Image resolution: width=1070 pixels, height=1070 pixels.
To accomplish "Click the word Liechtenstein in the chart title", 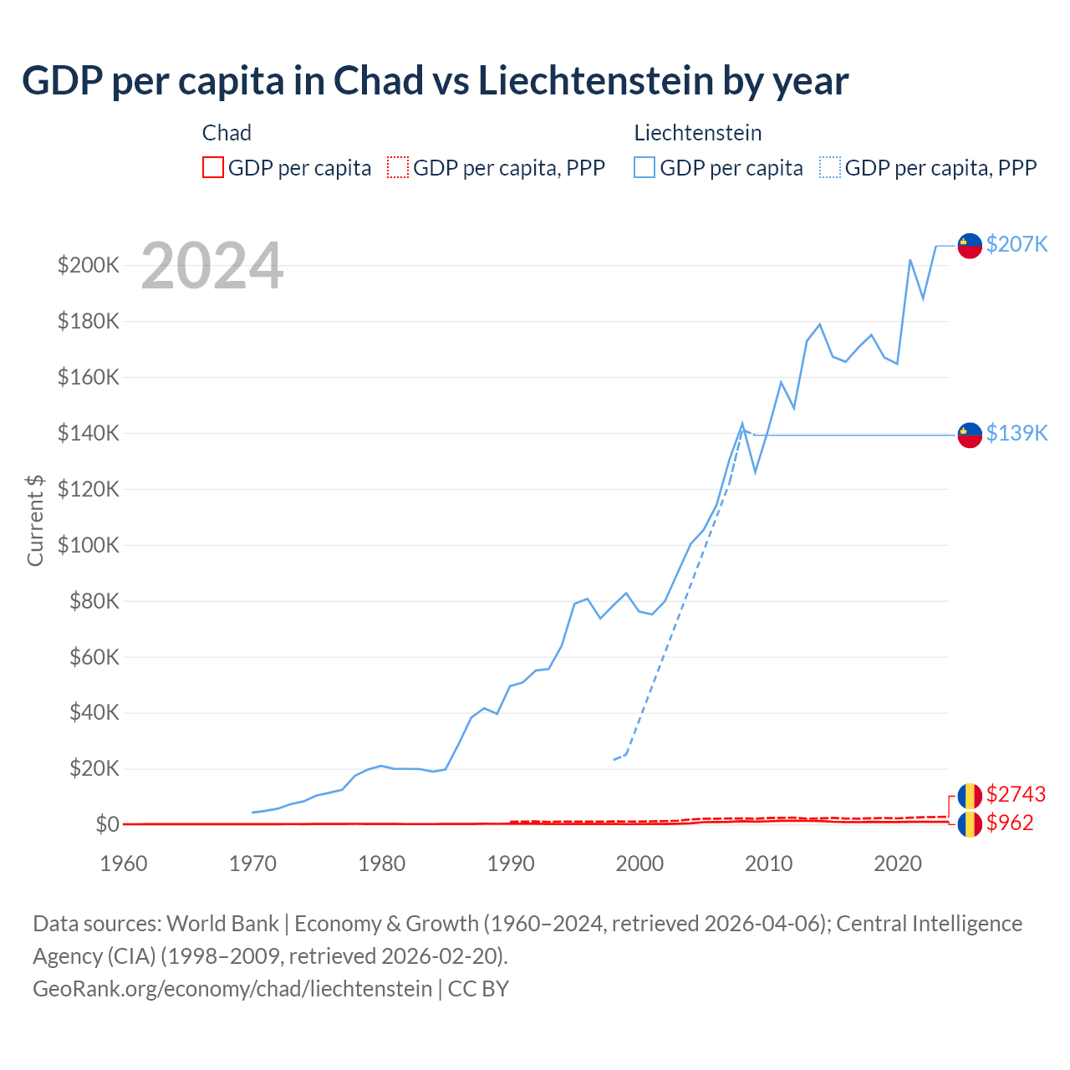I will [x=595, y=80].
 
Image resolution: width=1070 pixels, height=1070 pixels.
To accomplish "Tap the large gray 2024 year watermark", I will [x=212, y=267].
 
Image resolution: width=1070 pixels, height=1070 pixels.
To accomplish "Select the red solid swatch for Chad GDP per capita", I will [x=213, y=167].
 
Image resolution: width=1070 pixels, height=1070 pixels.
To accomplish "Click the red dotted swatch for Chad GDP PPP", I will [x=398, y=167].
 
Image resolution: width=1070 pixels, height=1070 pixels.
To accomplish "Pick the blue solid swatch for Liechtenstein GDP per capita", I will [x=645, y=167].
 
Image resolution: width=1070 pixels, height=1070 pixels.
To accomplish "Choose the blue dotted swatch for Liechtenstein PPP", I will [x=830, y=167].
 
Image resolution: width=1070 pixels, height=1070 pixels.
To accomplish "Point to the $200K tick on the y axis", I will [x=89, y=266].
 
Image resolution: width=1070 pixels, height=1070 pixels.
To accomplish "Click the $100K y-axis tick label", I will [x=89, y=545].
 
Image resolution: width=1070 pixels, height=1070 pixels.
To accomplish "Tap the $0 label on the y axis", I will [x=107, y=824].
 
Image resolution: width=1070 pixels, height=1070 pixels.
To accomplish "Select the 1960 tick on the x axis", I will [x=124, y=864].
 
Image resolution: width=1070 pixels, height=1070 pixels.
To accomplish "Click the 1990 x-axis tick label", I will [x=511, y=864].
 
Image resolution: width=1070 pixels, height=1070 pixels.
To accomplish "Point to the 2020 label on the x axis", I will [x=898, y=864].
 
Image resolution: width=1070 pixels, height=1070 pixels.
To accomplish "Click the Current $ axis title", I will [x=35, y=520].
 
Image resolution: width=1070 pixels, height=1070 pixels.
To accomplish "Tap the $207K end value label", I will [x=1016, y=244].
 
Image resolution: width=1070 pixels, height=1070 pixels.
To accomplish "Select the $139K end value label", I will [x=1016, y=433].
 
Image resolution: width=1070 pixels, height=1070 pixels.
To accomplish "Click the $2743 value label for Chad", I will [x=1016, y=794].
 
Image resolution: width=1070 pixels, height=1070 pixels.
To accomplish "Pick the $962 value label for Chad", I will [x=1010, y=823].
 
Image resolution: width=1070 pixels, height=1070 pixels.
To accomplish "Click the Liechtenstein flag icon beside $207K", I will [x=970, y=246].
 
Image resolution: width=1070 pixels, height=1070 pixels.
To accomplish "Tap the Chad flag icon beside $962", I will [x=970, y=824].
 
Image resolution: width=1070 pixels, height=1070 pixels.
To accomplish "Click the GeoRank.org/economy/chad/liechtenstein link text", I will [x=232, y=989].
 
